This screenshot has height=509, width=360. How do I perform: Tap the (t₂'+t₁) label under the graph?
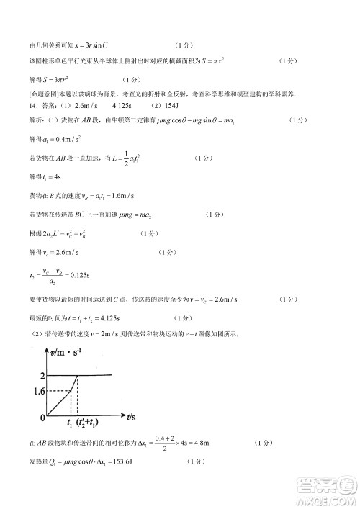click(90, 423)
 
